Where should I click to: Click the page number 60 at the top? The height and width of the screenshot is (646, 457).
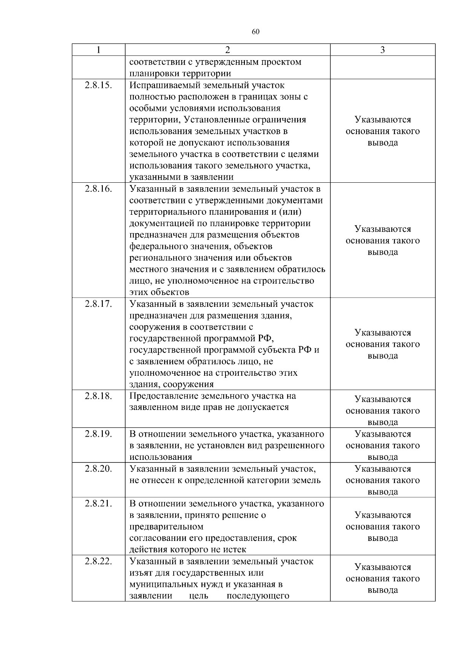[256, 32]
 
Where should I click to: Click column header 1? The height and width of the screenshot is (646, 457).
[99, 50]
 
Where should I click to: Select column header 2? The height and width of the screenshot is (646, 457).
[227, 50]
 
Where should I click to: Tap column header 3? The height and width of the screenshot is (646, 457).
[382, 50]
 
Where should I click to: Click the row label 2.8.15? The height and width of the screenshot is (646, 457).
[99, 85]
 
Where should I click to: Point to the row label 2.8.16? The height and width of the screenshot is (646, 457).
[99, 189]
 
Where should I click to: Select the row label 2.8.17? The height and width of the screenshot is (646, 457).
[99, 304]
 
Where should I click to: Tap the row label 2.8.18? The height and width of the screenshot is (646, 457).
[99, 396]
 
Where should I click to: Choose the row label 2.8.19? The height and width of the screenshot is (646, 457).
[99, 434]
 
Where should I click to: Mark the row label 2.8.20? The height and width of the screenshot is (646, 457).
[99, 469]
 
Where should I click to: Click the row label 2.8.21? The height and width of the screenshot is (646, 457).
[99, 504]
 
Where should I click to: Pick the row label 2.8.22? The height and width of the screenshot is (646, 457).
[99, 561]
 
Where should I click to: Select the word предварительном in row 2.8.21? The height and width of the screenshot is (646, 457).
[166, 527]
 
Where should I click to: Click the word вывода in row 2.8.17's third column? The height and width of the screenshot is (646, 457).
[382, 356]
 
